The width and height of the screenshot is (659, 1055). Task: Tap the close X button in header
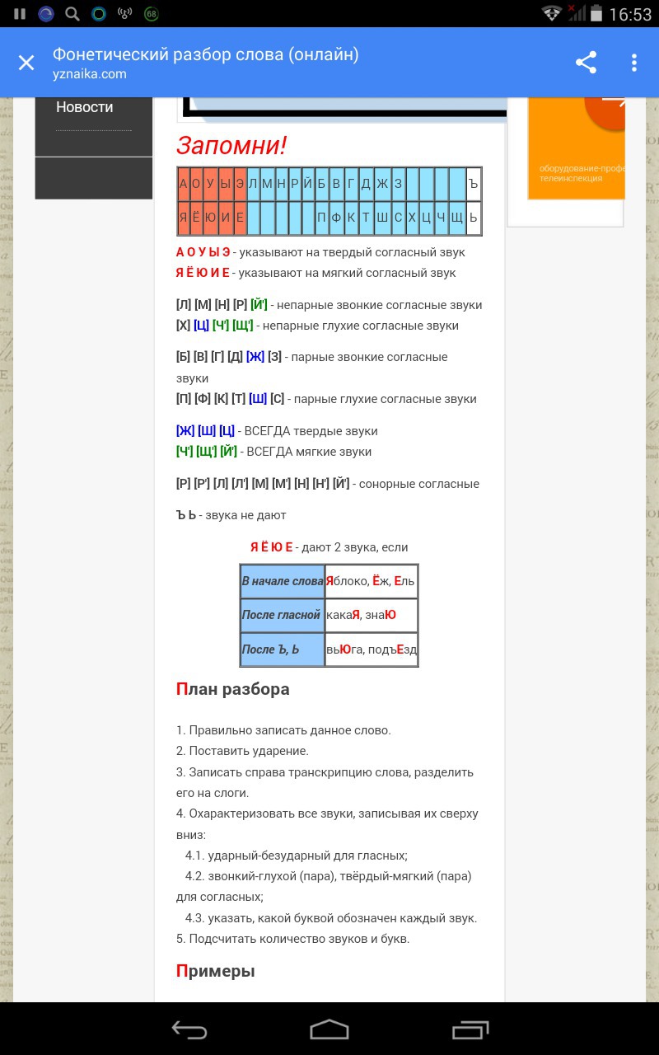pyautogui.click(x=26, y=63)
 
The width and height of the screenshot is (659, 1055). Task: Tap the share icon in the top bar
pyautogui.click(x=586, y=63)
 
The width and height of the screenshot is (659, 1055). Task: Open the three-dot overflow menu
pyautogui.click(x=633, y=63)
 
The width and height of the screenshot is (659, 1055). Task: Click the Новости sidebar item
pyautogui.click(x=84, y=107)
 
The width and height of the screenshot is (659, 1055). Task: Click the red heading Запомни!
pyautogui.click(x=231, y=146)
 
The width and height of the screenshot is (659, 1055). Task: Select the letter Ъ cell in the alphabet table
pyautogui.click(x=473, y=184)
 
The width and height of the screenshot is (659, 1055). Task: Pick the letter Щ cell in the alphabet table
pyautogui.click(x=458, y=218)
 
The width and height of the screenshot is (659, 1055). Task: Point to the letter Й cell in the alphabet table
pyautogui.click(x=307, y=184)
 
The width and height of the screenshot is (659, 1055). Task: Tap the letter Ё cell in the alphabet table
pyautogui.click(x=197, y=218)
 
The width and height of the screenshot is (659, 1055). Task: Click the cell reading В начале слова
pyautogui.click(x=283, y=581)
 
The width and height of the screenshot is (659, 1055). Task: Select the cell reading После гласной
pyautogui.click(x=282, y=615)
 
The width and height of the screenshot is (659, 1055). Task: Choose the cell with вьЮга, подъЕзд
pyautogui.click(x=372, y=649)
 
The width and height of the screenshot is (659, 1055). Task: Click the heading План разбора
pyautogui.click(x=233, y=689)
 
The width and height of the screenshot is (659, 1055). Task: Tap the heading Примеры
pyautogui.click(x=216, y=971)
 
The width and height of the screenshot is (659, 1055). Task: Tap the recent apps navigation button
pyautogui.click(x=470, y=1029)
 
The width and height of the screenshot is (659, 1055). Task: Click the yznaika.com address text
pyautogui.click(x=90, y=74)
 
